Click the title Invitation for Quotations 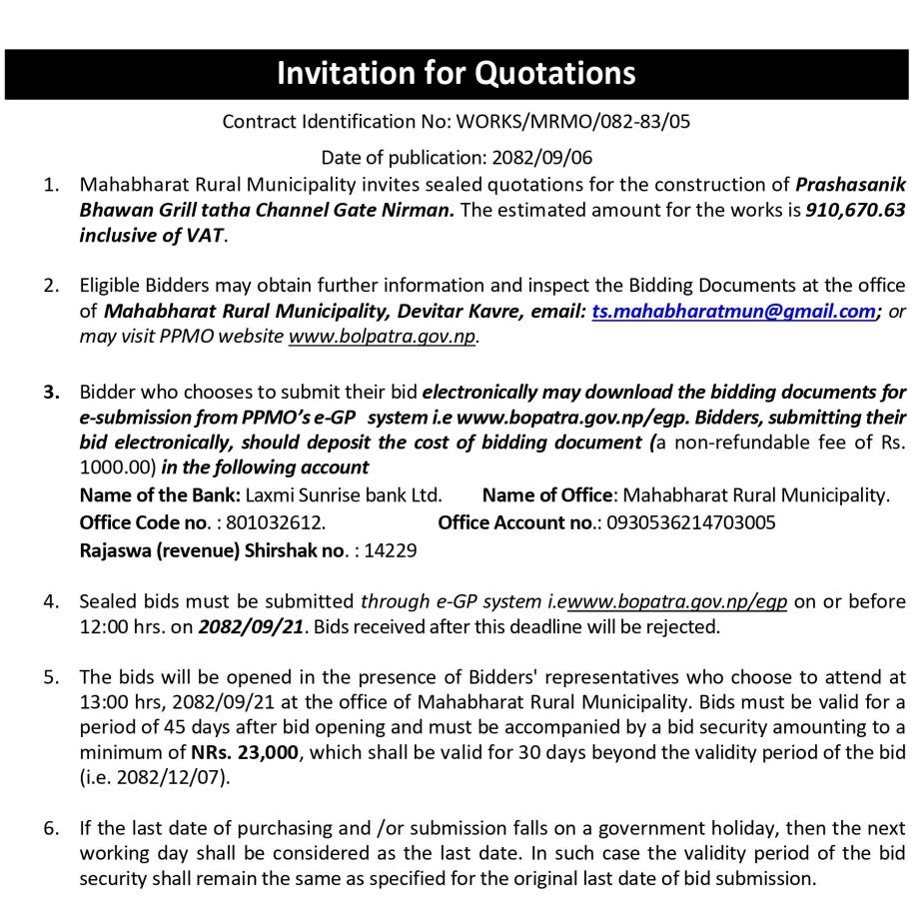pyautogui.click(x=456, y=73)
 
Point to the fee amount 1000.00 pyautogui.click(x=112, y=465)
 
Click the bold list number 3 pyautogui.click(x=50, y=391)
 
